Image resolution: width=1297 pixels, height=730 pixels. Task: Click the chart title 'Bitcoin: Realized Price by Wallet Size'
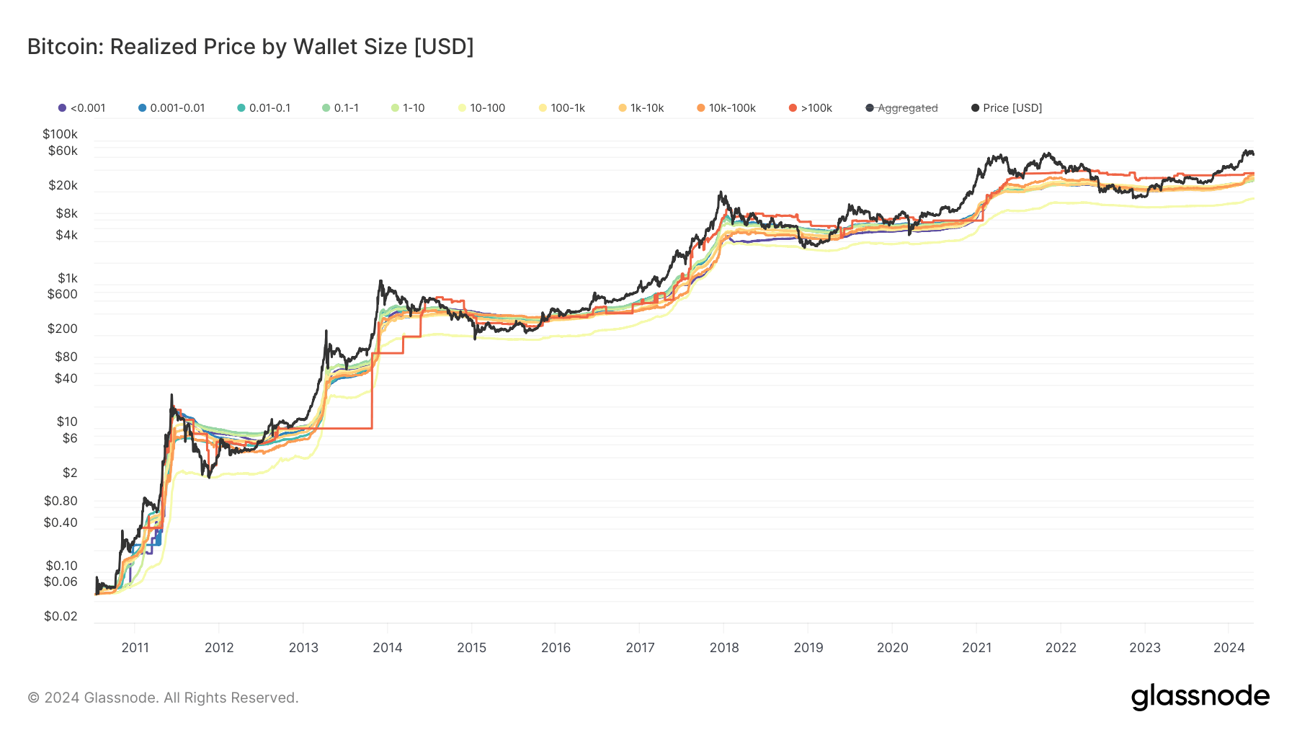point(250,47)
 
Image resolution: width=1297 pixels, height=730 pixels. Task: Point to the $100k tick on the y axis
point(60,134)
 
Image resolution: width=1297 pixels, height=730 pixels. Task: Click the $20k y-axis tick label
point(63,185)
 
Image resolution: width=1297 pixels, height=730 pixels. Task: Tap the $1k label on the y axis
point(67,278)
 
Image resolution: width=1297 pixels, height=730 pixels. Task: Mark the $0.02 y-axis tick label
point(61,616)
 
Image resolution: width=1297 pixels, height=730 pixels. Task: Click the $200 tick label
point(63,329)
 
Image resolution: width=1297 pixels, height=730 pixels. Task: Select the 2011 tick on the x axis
point(135,647)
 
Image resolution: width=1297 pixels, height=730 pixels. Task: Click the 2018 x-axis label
point(724,647)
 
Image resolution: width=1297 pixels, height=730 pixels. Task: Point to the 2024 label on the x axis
point(1229,647)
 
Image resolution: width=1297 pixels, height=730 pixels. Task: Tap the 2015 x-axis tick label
point(472,647)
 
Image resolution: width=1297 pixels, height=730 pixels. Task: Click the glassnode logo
point(1200,697)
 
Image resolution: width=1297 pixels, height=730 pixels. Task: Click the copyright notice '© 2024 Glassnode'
point(163,698)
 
